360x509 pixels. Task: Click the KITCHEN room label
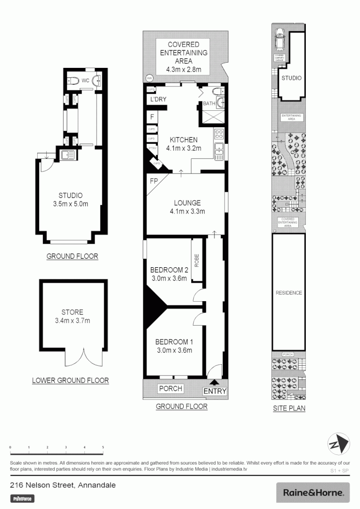click(184, 140)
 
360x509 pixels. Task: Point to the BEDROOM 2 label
click(169, 270)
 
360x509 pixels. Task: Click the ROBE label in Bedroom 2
click(197, 261)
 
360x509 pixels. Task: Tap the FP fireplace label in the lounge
click(154, 180)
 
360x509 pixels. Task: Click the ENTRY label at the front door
click(215, 391)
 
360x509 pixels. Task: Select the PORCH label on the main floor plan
click(171, 388)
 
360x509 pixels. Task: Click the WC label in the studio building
click(85, 81)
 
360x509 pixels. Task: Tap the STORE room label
click(72, 312)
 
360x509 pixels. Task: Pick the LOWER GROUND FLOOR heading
click(70, 380)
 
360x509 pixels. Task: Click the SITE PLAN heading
click(289, 409)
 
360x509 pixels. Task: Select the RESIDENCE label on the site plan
click(289, 293)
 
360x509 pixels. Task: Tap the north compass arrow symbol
click(339, 443)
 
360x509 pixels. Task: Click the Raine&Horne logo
click(312, 493)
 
